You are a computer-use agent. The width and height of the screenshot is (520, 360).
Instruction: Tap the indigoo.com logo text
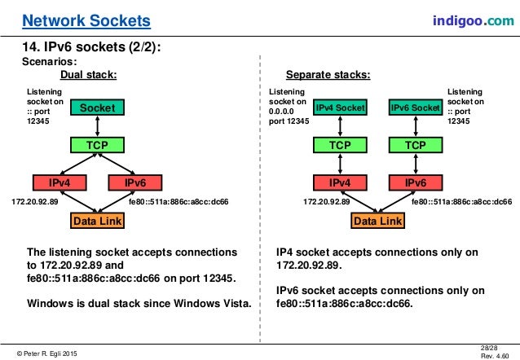click(x=467, y=18)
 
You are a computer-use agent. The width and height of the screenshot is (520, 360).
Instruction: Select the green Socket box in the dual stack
click(x=98, y=108)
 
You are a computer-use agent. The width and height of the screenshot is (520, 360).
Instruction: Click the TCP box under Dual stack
click(x=98, y=145)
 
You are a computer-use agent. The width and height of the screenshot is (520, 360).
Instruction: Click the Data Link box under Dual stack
click(x=98, y=221)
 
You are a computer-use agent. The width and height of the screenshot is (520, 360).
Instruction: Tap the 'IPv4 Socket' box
click(x=342, y=108)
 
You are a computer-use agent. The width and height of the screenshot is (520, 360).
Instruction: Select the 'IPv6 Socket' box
click(x=415, y=108)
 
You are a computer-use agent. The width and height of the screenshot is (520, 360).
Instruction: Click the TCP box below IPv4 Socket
click(x=342, y=145)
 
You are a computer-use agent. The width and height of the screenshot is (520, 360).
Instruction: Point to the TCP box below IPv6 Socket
click(x=415, y=145)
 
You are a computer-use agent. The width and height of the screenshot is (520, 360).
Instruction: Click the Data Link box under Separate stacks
click(x=378, y=221)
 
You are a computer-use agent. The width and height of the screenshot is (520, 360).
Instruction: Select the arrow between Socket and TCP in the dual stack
click(x=98, y=126)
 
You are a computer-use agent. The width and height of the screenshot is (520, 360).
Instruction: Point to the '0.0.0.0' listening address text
click(x=283, y=112)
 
